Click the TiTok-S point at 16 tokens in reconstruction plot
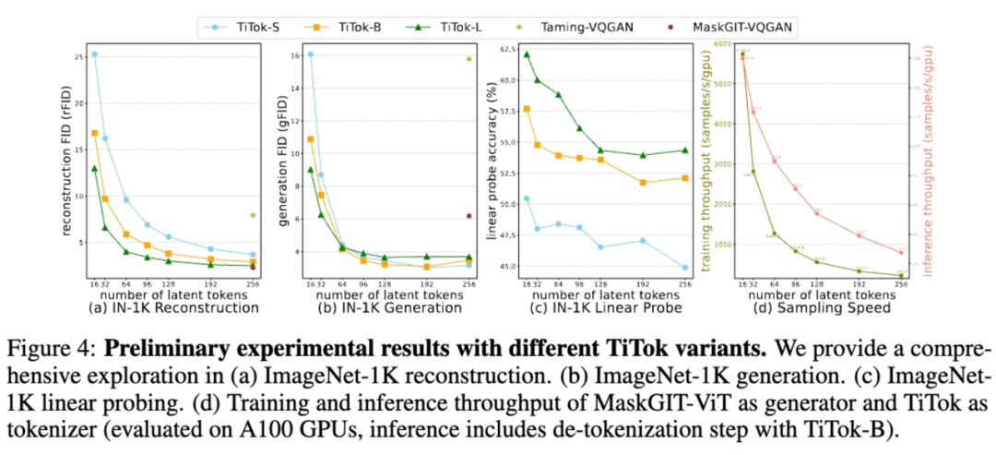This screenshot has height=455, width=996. pyautogui.click(x=94, y=54)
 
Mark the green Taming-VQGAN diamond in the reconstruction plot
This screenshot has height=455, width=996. pyautogui.click(x=253, y=215)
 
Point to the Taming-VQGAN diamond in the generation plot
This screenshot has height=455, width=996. pyautogui.click(x=468, y=59)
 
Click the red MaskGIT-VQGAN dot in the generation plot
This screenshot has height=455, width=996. pyautogui.click(x=468, y=216)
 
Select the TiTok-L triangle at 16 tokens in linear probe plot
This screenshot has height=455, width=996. pyautogui.click(x=527, y=54)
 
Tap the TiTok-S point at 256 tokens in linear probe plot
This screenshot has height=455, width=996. pyautogui.click(x=685, y=268)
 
